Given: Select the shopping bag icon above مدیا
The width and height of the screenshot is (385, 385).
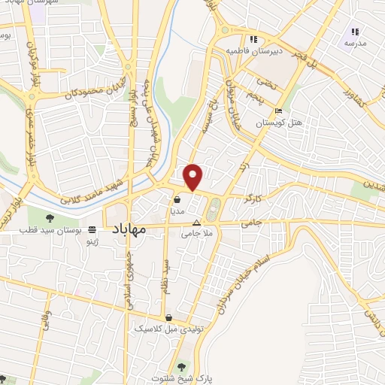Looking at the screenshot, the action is (x=177, y=201).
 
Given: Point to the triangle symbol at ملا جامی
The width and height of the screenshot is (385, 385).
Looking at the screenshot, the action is (x=197, y=223).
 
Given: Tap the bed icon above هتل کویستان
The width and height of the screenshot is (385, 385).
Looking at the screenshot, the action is (x=279, y=112).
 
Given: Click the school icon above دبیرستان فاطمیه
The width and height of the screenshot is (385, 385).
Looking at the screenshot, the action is (x=254, y=40).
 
